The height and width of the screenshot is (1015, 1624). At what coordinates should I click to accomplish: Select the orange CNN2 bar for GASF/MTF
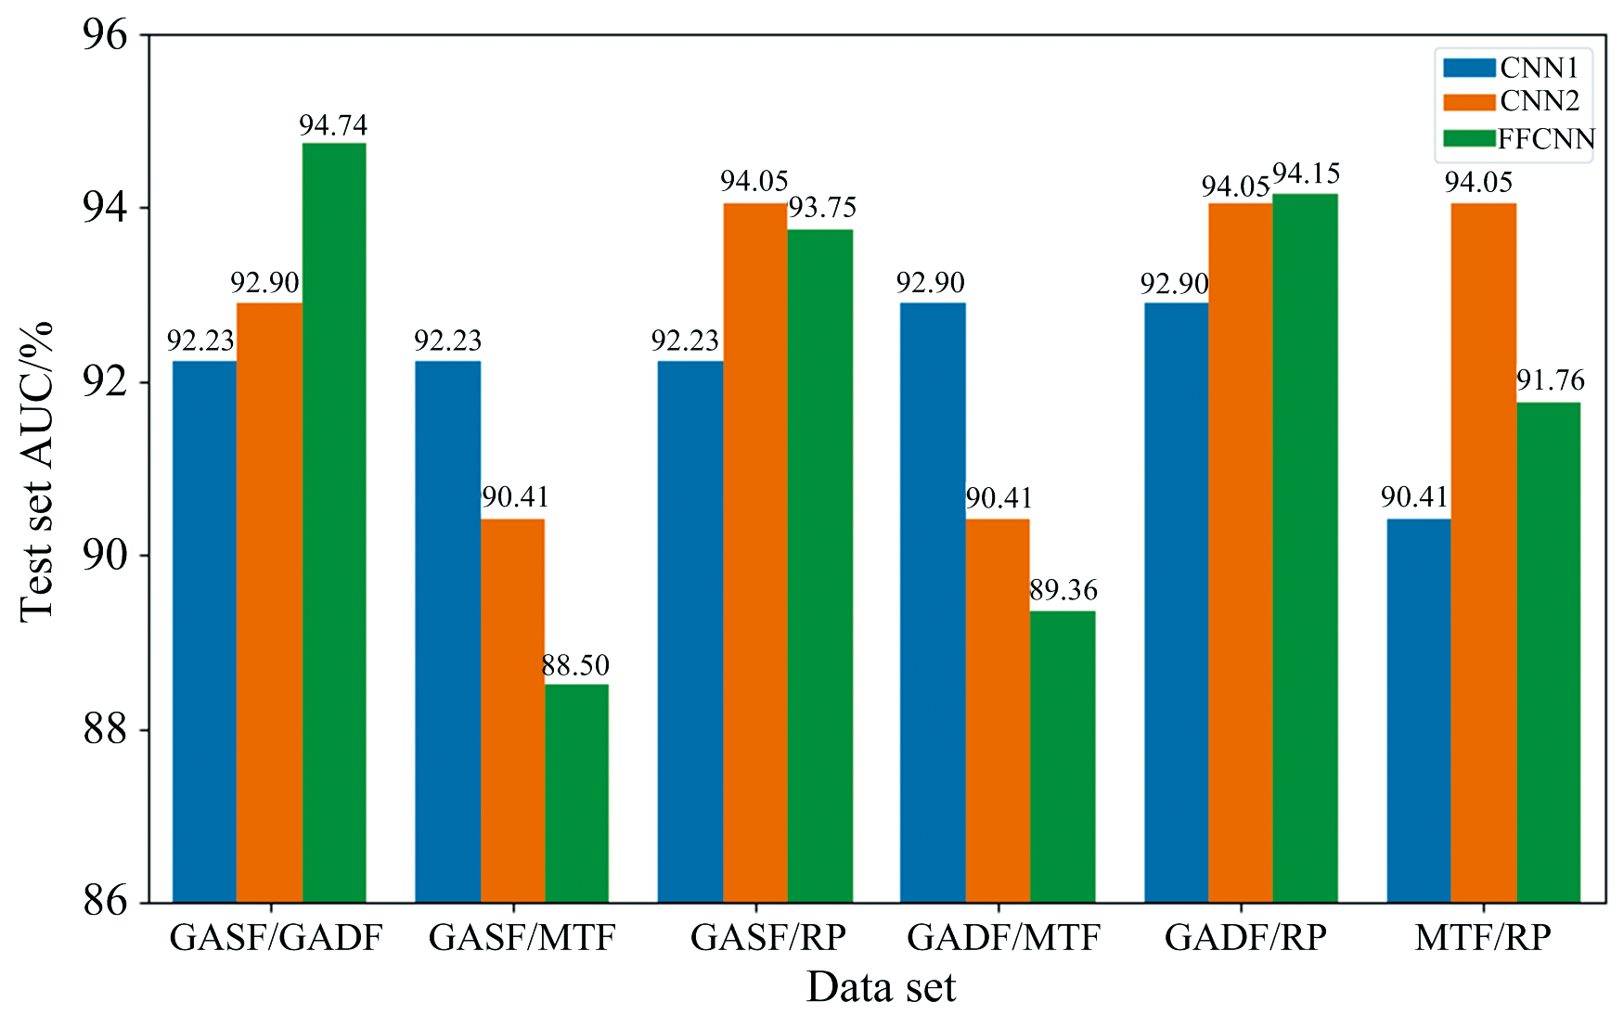click(x=512, y=711)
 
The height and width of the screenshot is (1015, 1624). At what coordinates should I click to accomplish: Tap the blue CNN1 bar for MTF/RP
click(x=1418, y=711)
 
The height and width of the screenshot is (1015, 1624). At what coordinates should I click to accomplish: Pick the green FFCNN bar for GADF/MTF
click(x=1063, y=756)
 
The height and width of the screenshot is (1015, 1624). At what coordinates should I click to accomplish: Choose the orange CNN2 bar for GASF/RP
click(x=755, y=552)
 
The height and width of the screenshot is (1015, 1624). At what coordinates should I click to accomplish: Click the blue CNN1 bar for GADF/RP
click(x=1176, y=602)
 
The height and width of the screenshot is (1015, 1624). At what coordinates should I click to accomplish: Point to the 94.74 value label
click(x=333, y=125)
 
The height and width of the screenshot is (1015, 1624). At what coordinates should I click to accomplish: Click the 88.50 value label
click(x=575, y=665)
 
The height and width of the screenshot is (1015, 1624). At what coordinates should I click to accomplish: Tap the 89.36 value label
click(x=1063, y=590)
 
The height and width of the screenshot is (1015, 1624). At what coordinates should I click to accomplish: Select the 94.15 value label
click(x=1306, y=174)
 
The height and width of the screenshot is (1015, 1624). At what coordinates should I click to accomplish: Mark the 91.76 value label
click(x=1550, y=380)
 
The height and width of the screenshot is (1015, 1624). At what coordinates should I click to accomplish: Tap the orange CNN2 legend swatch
click(x=1469, y=101)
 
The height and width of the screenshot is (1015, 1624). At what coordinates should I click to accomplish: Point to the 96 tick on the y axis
click(x=104, y=35)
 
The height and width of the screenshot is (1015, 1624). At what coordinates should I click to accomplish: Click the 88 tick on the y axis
click(x=104, y=730)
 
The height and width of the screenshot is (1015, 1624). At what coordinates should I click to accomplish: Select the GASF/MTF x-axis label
click(x=522, y=938)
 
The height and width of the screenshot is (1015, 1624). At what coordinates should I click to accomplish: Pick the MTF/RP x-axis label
click(x=1482, y=938)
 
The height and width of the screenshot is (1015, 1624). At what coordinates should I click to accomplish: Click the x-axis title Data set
click(x=880, y=987)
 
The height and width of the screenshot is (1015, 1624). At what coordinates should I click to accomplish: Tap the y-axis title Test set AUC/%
click(x=37, y=470)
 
